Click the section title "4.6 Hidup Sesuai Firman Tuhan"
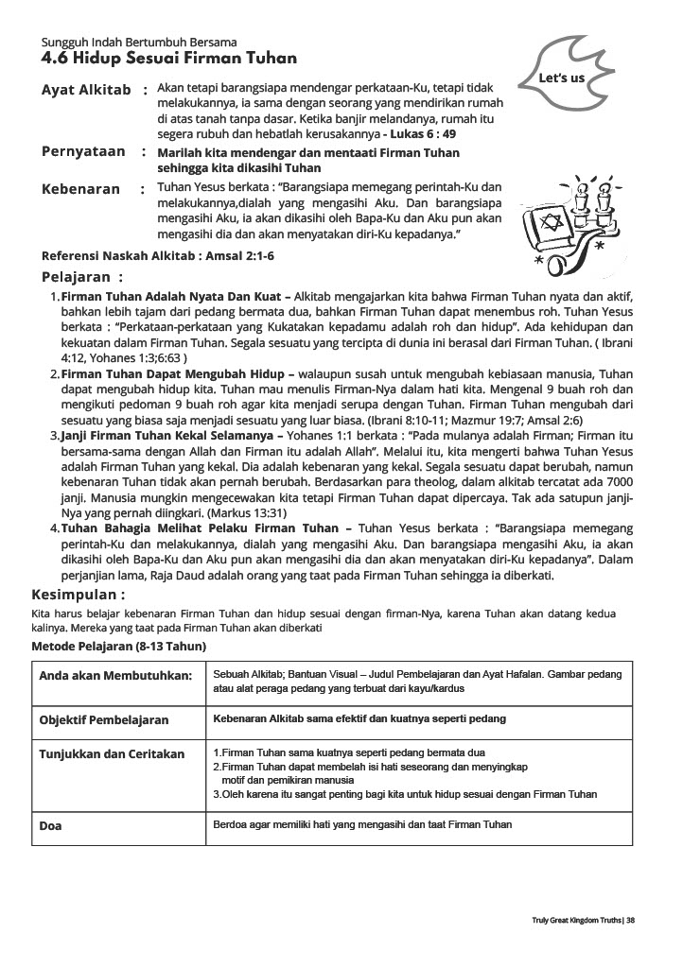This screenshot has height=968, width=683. (x=168, y=59)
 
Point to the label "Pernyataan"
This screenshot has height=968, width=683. (x=82, y=151)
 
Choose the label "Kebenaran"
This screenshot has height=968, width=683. (x=81, y=189)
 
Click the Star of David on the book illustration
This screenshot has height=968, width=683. (x=560, y=224)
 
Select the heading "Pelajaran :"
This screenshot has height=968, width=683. (x=82, y=278)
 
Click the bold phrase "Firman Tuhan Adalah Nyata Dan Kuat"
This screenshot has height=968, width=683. (x=170, y=297)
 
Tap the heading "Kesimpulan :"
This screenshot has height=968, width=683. (x=79, y=596)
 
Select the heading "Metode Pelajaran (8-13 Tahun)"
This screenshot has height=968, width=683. (x=119, y=646)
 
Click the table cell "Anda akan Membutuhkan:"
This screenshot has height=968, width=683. (x=115, y=676)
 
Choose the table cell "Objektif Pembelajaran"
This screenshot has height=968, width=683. (x=104, y=720)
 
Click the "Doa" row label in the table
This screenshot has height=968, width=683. (x=51, y=826)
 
